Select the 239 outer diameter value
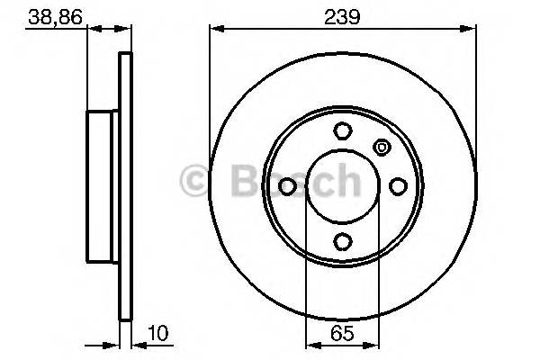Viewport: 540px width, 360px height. (x=343, y=18)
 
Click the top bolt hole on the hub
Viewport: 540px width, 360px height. (x=342, y=131)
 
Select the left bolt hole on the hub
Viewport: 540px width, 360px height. (x=288, y=185)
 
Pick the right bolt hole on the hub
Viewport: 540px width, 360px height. (x=397, y=185)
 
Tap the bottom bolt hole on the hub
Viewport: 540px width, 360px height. (x=342, y=240)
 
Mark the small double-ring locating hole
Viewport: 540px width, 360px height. (x=381, y=148)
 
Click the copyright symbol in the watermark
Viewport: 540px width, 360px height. (x=195, y=181)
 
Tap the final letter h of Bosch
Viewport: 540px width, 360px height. (x=343, y=181)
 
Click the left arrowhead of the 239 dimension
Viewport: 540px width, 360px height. (x=214, y=30)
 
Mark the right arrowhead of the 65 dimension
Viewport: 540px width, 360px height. (x=373, y=343)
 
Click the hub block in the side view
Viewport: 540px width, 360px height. (x=103, y=185)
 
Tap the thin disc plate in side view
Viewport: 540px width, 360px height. (x=125, y=185)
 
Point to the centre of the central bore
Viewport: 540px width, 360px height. (x=342, y=185)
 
